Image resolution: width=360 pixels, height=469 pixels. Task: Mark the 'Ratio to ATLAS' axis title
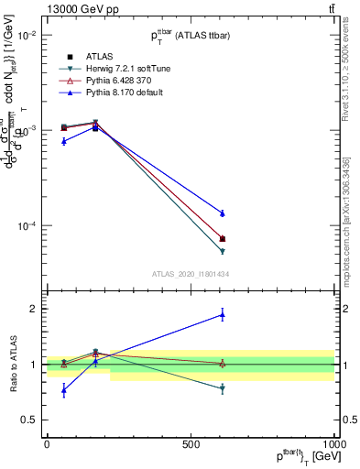(12, 364)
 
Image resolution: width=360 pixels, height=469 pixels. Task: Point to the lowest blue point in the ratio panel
(63, 390)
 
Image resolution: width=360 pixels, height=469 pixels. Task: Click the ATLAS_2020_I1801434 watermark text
(189, 274)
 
